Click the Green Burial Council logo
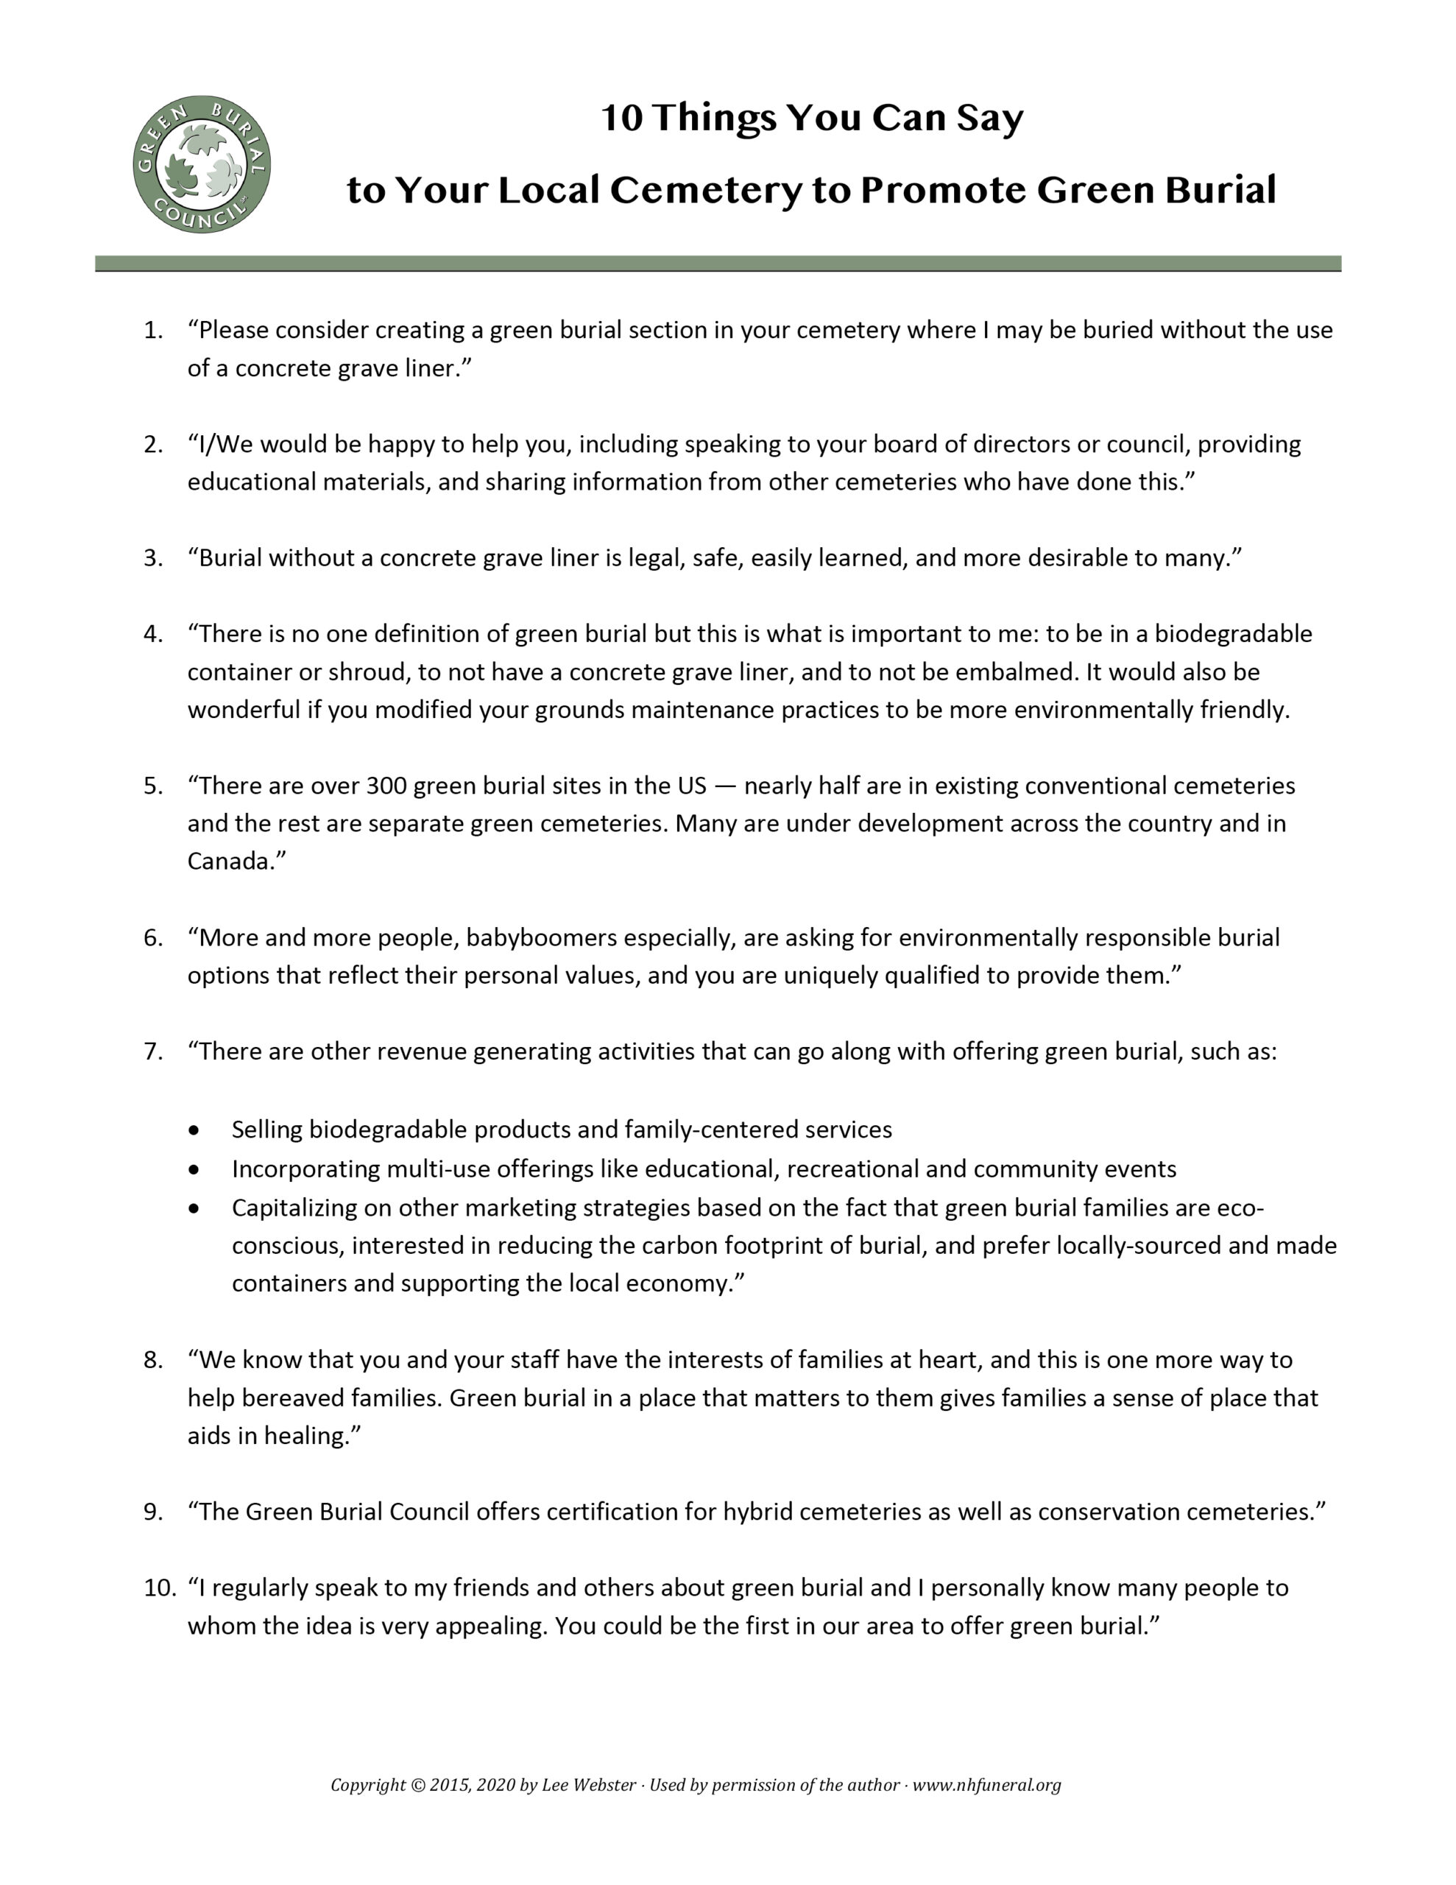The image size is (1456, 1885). pos(201,164)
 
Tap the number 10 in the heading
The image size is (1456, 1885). pos(621,119)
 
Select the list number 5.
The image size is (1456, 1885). pos(153,786)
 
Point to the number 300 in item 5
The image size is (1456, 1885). pos(386,786)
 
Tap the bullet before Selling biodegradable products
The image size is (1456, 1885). pos(194,1130)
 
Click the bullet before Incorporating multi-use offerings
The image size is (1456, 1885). pos(194,1169)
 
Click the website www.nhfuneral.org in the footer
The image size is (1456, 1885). pos(986,1785)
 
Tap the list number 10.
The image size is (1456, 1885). pos(160,1588)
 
